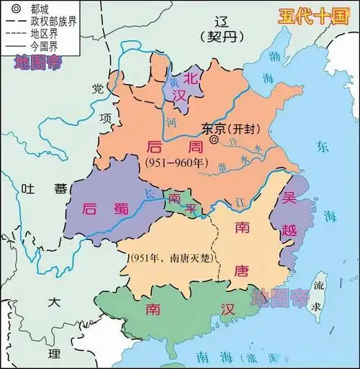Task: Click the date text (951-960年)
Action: (177, 162)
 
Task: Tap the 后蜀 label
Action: (106, 209)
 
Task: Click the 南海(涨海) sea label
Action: (238, 357)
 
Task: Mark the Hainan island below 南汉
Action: (171, 348)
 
